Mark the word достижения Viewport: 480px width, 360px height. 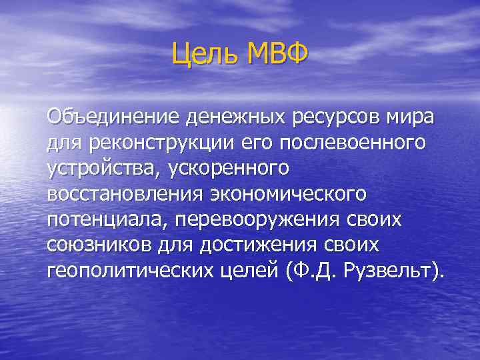(255, 245)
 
